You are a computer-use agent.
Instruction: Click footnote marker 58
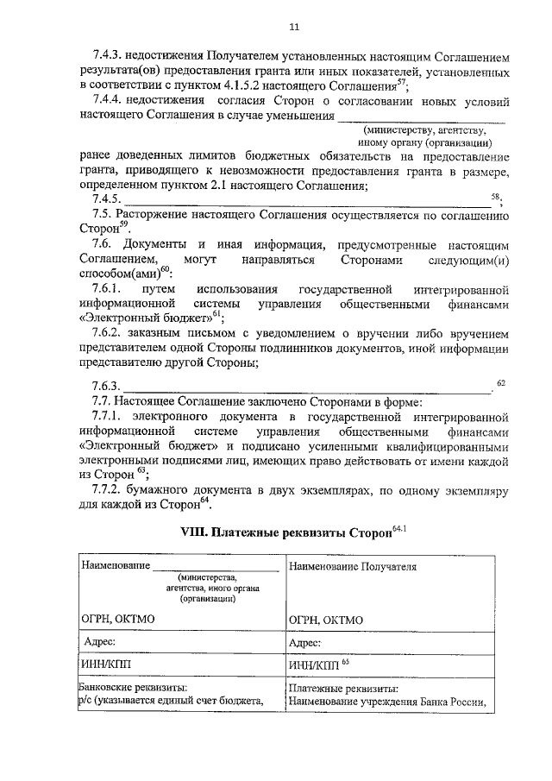tap(495, 197)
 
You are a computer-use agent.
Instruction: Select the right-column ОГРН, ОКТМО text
tap(326, 620)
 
